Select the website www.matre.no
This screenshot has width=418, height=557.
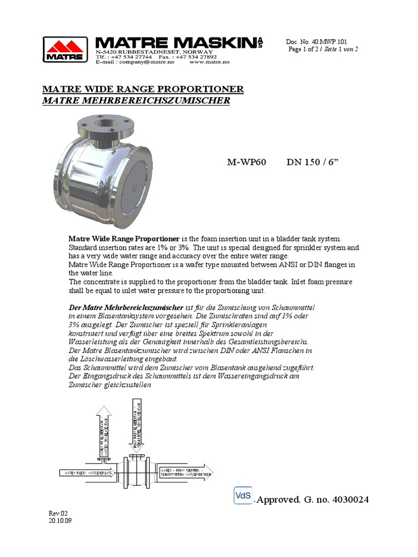(209, 63)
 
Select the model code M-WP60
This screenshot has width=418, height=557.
(246, 163)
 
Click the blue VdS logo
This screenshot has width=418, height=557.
(242, 496)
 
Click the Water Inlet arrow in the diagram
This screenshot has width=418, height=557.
(87, 473)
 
